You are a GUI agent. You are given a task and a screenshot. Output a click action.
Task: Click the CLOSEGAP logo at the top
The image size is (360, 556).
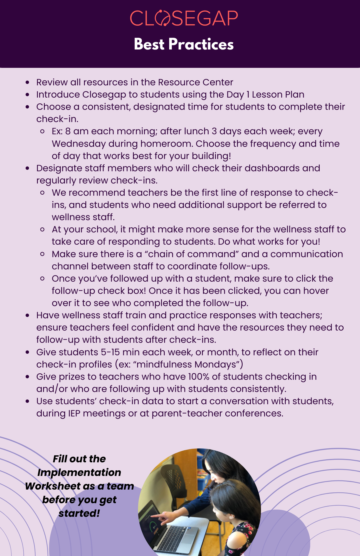pos(184,18)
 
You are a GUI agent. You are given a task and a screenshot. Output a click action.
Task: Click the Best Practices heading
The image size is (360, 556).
pos(184,44)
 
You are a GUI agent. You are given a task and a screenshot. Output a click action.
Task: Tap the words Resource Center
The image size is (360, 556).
pos(195,82)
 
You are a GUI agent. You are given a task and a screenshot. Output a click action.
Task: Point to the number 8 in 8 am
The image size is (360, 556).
pos(68,131)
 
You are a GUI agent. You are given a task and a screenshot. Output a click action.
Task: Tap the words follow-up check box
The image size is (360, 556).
pos(99,291)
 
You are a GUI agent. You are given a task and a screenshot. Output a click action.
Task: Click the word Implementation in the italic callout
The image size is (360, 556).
pos(79,473)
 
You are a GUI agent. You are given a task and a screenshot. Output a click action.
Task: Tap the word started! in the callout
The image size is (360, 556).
pos(79,513)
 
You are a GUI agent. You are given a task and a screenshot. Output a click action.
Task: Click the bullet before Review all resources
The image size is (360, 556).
pos(27,83)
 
